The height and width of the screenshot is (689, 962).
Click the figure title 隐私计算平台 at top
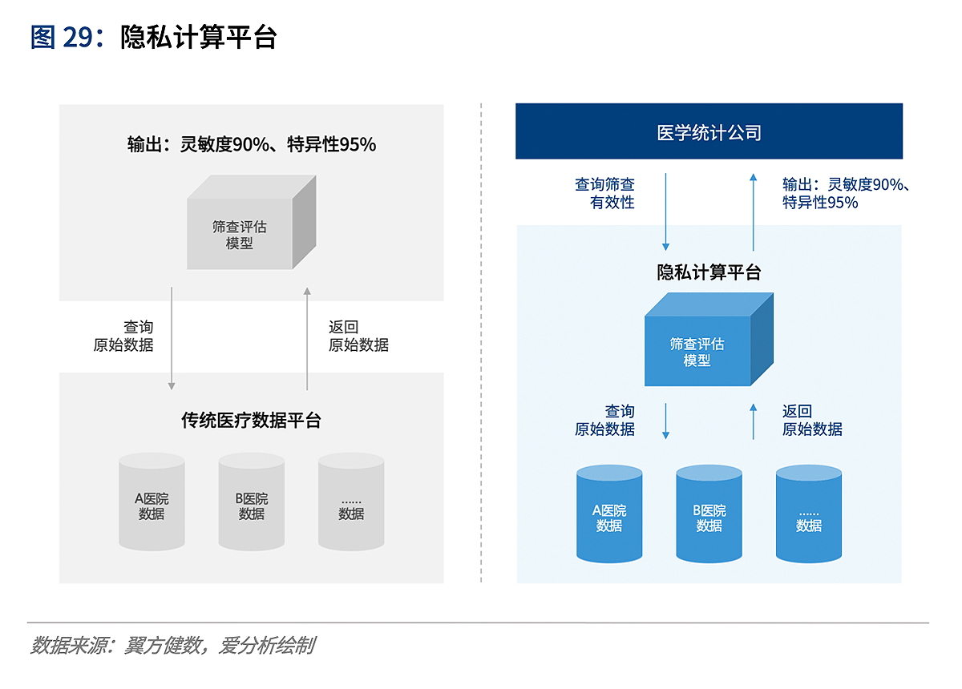tap(199, 38)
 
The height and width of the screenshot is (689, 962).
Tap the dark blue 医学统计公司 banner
tap(709, 131)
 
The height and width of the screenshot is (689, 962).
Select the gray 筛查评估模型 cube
tap(251, 222)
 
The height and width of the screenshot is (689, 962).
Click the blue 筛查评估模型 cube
tap(709, 339)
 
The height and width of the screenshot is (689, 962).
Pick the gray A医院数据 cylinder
tap(152, 502)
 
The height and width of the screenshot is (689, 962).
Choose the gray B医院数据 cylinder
tap(251, 502)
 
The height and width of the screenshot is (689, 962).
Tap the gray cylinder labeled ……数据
tap(351, 502)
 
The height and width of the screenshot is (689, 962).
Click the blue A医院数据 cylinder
tap(609, 514)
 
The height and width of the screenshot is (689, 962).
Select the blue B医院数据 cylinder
tap(709, 514)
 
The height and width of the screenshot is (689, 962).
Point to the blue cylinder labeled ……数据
tap(808, 514)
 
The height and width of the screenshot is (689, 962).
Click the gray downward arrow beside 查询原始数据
tap(172, 338)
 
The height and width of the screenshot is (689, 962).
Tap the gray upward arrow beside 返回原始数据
tap(307, 338)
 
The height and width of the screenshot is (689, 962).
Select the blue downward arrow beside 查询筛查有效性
tap(665, 212)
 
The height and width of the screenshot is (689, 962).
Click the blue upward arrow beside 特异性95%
tap(754, 212)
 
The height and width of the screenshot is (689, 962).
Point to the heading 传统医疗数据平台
tap(251, 421)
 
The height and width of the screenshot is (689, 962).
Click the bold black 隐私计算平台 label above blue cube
tap(709, 272)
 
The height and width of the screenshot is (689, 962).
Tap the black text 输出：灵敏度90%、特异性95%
tap(252, 144)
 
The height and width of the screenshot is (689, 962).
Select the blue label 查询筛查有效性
tap(604, 193)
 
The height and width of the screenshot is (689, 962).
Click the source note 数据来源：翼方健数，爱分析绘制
tap(173, 645)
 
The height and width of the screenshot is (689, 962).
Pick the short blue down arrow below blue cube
tap(665, 421)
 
